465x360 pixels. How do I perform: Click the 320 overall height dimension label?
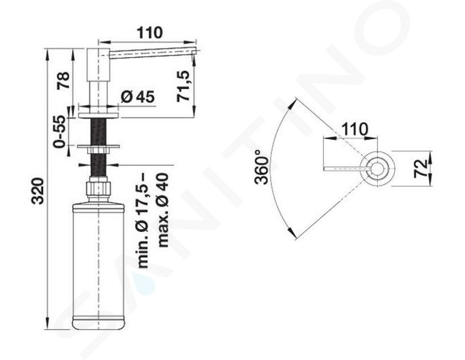(38, 191)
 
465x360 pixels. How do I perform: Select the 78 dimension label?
(63, 81)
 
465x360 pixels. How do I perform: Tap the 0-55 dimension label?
(59, 131)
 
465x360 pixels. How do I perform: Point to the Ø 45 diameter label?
(138, 97)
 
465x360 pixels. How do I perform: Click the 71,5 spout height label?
(183, 86)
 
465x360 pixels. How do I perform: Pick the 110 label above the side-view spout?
(150, 33)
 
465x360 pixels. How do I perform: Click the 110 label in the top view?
(355, 129)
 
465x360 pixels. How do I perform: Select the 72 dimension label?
(421, 169)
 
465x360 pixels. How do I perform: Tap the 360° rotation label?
(261, 167)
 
